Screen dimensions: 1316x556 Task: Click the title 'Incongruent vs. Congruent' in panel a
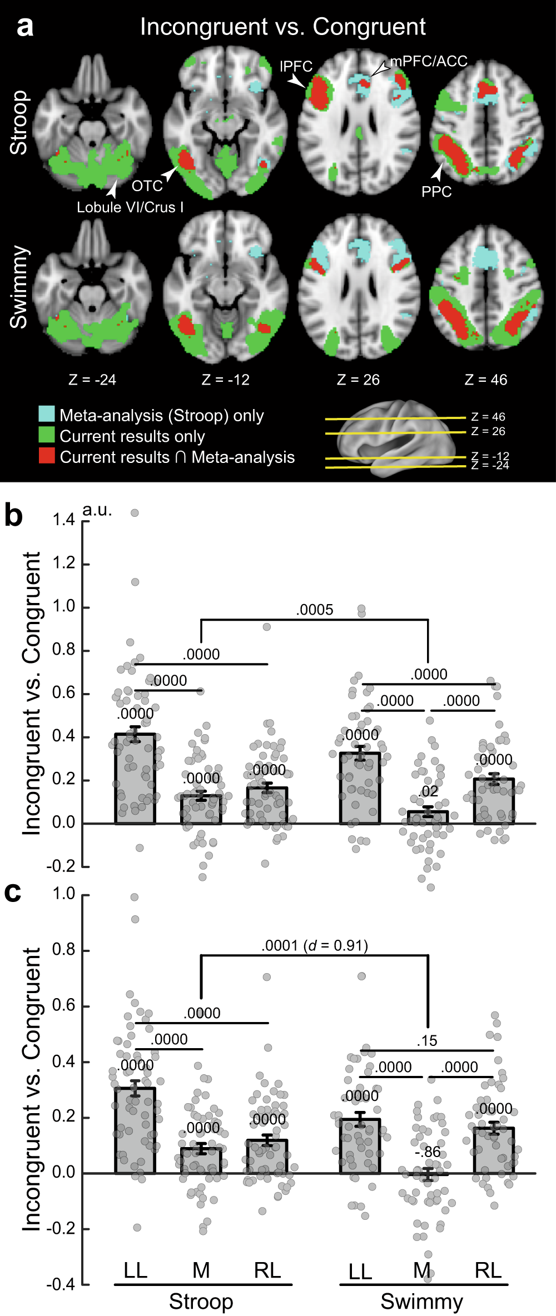282,27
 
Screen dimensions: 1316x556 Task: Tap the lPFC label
296,67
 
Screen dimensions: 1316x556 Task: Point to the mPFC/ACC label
429,61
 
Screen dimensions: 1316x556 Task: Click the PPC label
436,192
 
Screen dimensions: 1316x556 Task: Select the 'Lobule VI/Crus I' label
130,207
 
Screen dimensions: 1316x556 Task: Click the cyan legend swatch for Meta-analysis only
47,414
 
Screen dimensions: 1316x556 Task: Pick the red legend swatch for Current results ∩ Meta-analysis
47,456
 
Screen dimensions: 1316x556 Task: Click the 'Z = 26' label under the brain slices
358,380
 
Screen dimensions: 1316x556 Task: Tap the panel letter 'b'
13,515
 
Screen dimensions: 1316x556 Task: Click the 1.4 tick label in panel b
63,520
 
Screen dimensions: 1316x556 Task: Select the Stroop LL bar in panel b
135,778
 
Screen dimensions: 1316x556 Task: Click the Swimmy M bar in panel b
428,817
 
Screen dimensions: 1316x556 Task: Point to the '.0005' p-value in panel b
315,610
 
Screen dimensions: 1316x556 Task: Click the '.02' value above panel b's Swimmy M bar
429,791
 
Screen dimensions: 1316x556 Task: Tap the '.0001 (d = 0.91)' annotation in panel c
315,945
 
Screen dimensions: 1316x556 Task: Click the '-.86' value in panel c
428,1152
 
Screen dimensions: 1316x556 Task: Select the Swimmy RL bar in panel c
494,1150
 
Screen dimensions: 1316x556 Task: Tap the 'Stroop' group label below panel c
201,1302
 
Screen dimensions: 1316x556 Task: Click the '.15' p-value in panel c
427,1041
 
